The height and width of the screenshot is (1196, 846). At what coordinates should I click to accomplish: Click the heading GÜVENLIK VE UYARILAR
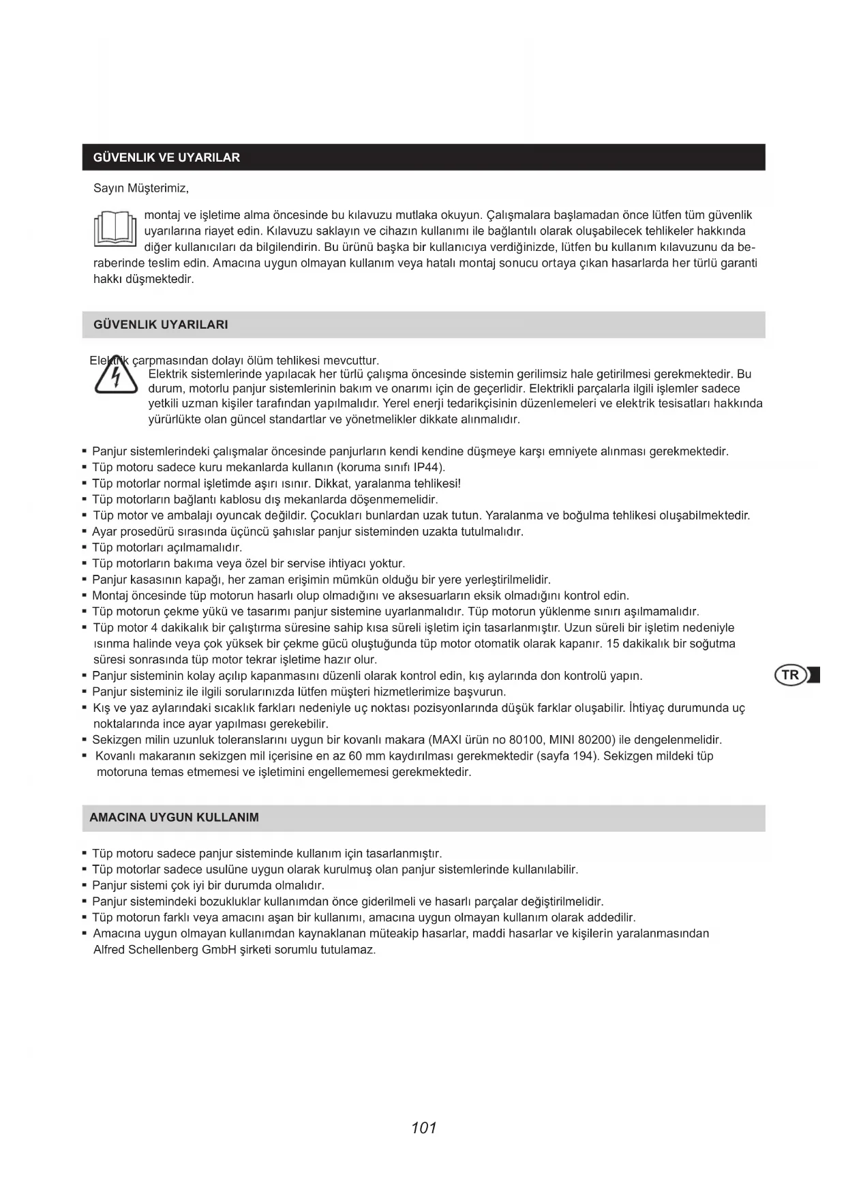[x=166, y=158]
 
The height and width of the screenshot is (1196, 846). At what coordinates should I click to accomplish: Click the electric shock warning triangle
[x=116, y=376]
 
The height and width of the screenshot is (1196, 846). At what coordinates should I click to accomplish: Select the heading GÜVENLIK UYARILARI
[x=160, y=325]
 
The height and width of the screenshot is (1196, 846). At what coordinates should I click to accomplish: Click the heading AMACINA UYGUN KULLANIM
[x=174, y=817]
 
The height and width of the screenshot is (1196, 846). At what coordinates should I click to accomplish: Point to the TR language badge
[x=791, y=675]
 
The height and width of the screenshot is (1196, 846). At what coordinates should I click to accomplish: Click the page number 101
[x=423, y=1128]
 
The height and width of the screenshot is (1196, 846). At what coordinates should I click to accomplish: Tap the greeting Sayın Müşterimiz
[x=140, y=188]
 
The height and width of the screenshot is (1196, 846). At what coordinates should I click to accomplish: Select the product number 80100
[x=524, y=740]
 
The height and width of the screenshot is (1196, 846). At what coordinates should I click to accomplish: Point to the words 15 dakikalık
[x=636, y=644]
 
